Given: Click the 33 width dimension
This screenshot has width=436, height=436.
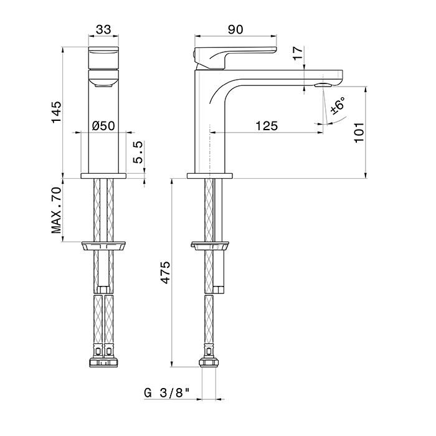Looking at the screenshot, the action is (103, 29).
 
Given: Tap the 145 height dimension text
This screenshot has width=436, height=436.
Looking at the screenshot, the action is (56, 112).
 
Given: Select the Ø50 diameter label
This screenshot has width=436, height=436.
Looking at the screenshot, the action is (103, 126).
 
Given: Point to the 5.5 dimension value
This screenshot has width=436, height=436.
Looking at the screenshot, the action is (139, 152).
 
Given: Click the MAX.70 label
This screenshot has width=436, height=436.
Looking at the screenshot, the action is (56, 211).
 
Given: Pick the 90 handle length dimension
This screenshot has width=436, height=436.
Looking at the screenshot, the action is (235, 29).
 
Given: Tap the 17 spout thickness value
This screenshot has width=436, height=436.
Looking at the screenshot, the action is (298, 53).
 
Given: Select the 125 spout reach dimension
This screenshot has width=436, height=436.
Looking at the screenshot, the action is (267, 126).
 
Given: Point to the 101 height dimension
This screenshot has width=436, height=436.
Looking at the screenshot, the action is (359, 132).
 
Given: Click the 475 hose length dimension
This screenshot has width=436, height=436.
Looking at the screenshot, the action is (166, 272).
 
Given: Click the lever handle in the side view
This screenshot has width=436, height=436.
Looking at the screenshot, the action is (236, 58).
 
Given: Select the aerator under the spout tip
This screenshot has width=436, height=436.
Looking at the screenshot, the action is (323, 85).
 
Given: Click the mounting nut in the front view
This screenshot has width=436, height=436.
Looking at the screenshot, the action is (103, 246).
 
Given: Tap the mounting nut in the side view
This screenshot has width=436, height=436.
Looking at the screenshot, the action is (209, 246).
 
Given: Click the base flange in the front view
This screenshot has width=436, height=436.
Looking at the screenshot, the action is (103, 176).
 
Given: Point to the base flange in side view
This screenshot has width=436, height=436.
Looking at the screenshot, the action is (210, 176).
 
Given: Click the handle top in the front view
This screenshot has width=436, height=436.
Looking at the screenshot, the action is (103, 58).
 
